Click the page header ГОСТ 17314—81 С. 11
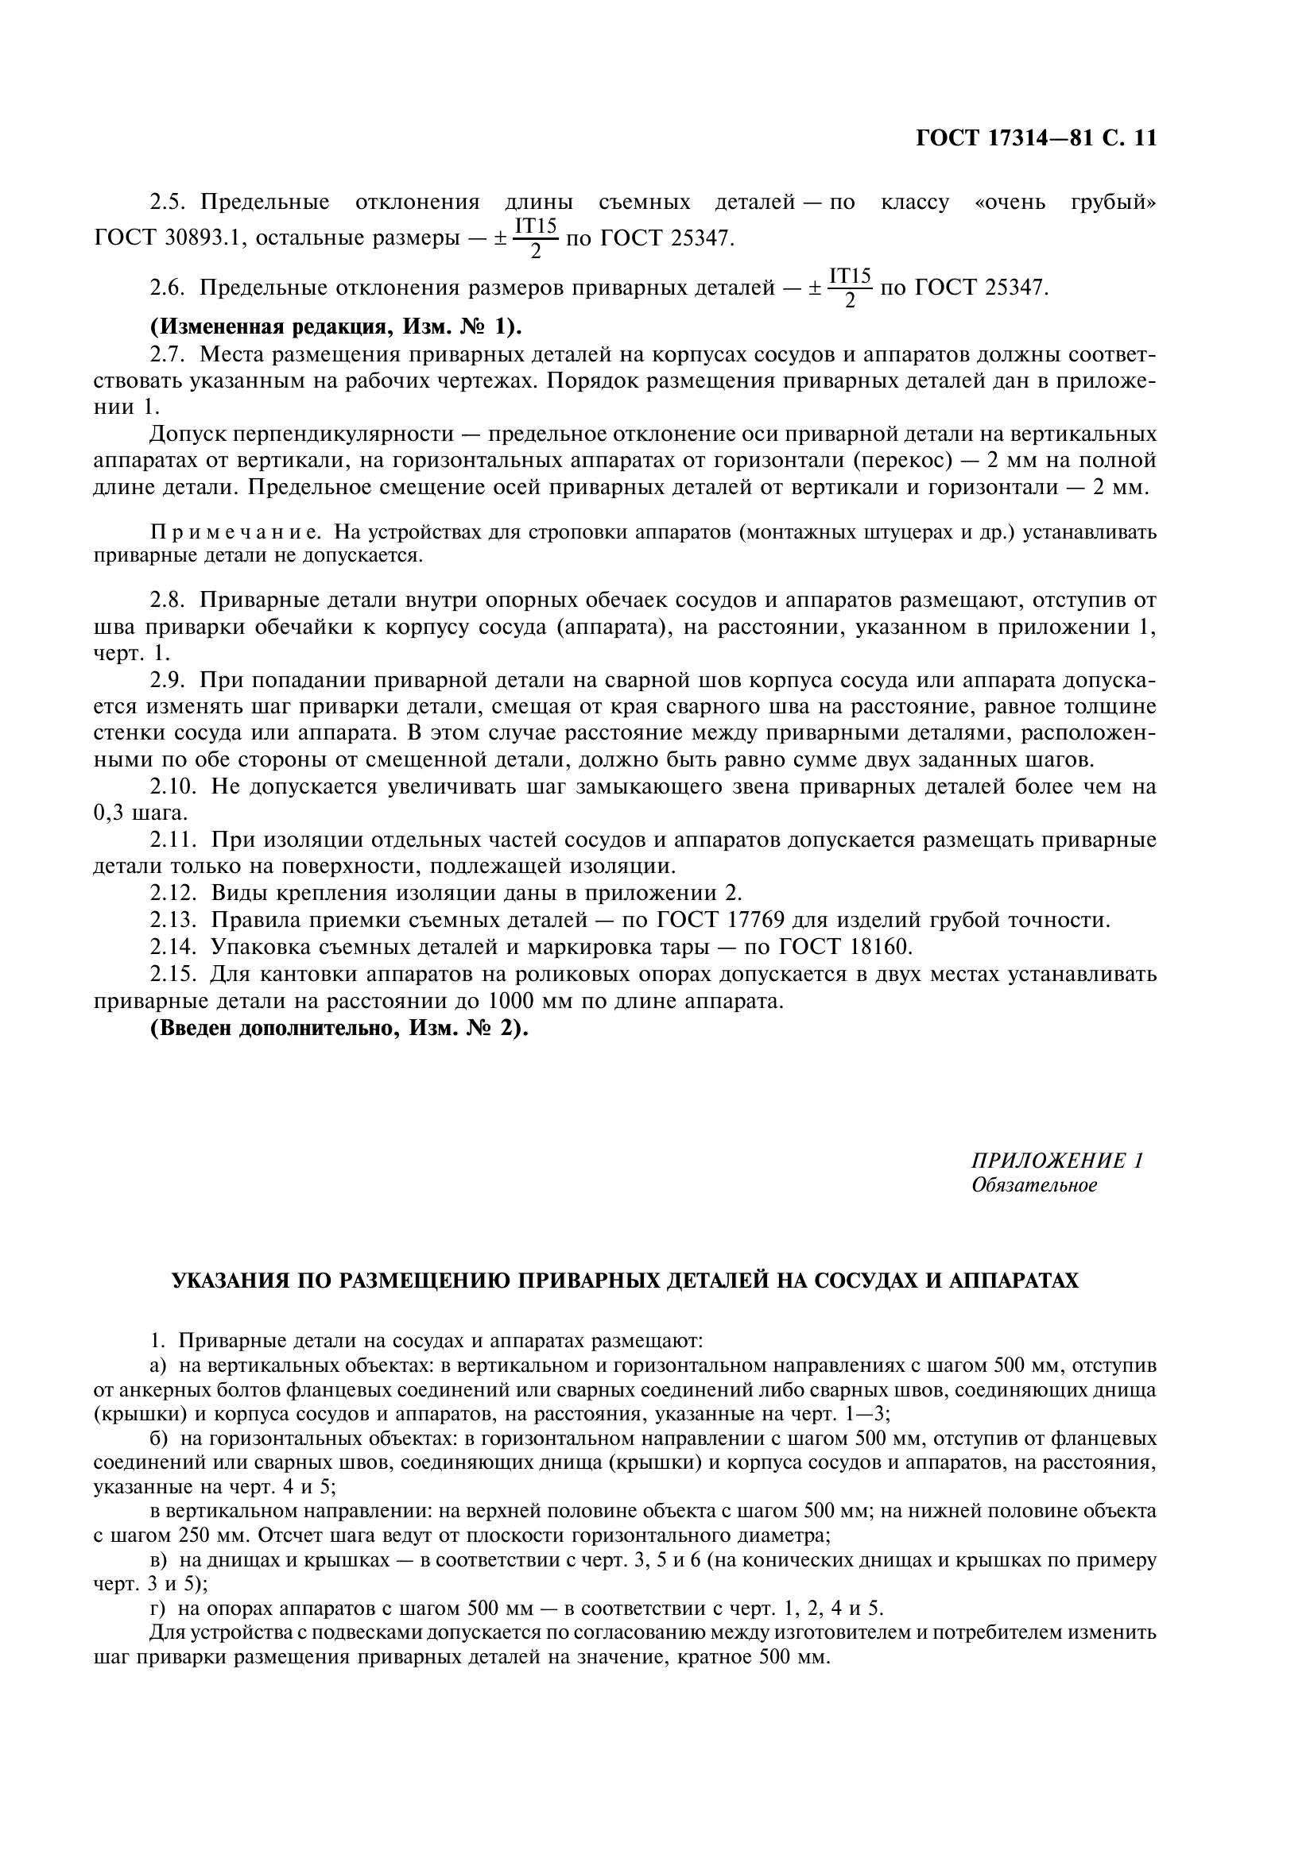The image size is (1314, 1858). [x=1036, y=138]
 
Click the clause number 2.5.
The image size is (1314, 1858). [x=169, y=202]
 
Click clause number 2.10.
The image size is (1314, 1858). [x=174, y=786]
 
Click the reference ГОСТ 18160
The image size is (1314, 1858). [x=845, y=946]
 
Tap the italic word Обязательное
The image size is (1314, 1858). [x=1034, y=1185]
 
